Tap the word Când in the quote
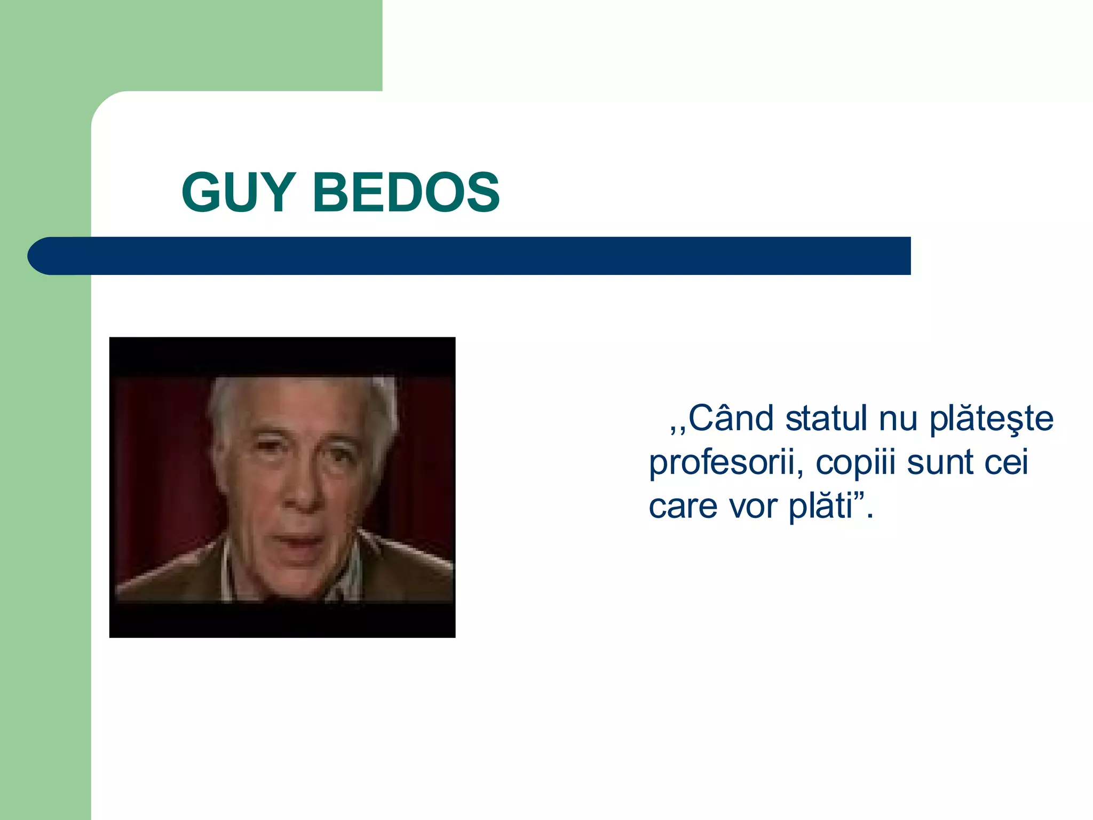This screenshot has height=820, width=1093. [731, 419]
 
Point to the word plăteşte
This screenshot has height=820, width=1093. [991, 420]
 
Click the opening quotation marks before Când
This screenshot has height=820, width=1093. [678, 427]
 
